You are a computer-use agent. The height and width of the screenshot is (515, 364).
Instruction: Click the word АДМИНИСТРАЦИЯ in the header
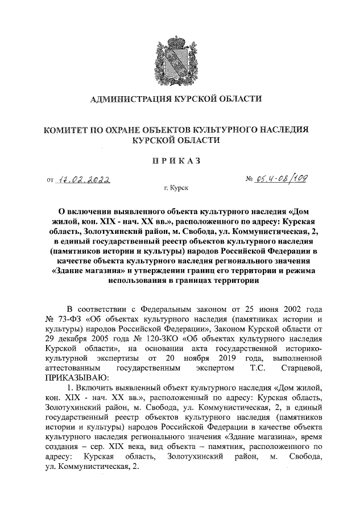point(130,100)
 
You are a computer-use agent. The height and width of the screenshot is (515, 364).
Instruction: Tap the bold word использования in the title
point(132,280)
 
